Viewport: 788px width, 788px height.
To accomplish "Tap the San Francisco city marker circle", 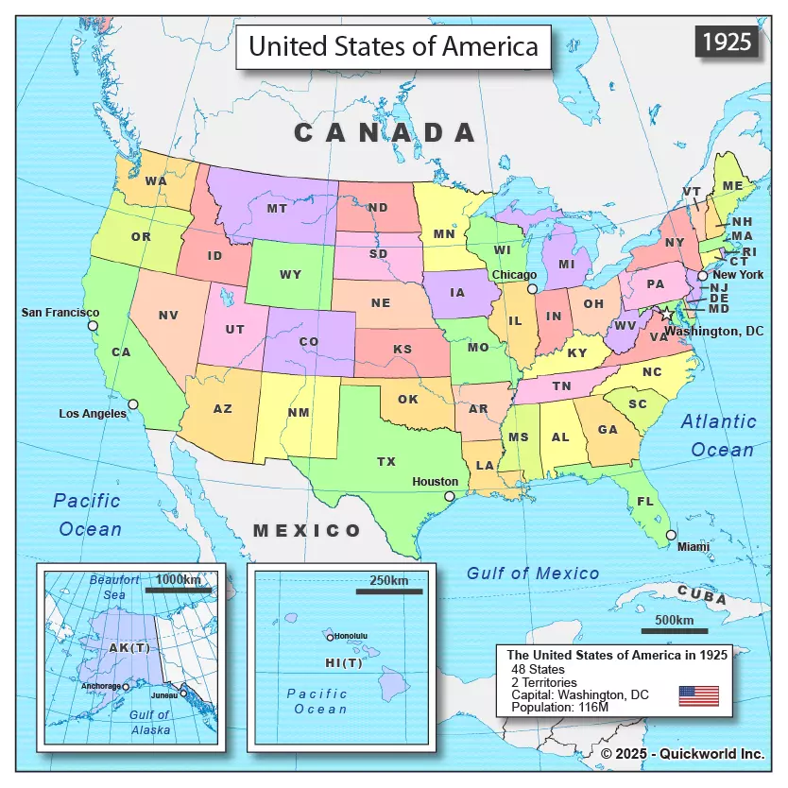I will pos(93,326).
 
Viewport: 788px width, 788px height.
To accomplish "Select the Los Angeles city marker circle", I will pos(133,403).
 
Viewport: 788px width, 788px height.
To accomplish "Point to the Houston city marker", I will pos(450,496).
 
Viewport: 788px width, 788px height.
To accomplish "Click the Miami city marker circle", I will pos(671,536).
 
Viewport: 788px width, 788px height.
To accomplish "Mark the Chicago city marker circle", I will pos(532,289).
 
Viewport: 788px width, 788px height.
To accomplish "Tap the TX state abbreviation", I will pos(386,462).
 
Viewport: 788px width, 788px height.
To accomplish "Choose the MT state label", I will pos(277,209).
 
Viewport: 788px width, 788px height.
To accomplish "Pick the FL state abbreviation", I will pos(645,502).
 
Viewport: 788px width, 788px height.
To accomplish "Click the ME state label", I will pos(732,186).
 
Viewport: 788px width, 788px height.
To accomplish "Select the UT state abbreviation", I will pos(235,330).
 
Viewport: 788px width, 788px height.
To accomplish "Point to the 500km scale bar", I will pos(675,631).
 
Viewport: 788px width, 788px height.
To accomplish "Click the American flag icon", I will pos(698,696).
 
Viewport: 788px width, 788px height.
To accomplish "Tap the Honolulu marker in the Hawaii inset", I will pos(330,638).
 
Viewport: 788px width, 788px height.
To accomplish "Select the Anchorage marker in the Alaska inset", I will pos(126,687).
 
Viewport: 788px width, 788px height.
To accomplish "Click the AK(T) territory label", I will pos(129,648).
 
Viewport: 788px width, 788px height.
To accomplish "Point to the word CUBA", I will pos(702,597).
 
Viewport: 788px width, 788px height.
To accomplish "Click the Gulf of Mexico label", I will pos(533,574).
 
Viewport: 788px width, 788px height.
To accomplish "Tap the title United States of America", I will pos(393,46).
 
